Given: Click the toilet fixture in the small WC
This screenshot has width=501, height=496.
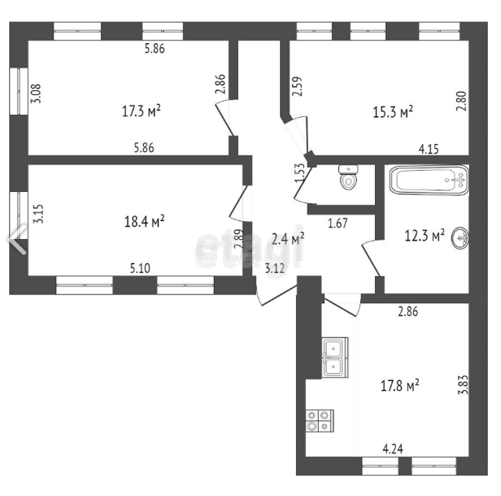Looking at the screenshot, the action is click(x=348, y=177).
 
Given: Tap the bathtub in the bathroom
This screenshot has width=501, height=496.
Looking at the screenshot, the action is click(x=429, y=179).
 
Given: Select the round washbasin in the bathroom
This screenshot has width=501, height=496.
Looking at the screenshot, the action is click(x=460, y=237).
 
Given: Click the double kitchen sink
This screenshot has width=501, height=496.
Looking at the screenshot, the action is click(x=334, y=357).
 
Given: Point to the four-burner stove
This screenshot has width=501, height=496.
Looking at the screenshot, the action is click(x=320, y=421).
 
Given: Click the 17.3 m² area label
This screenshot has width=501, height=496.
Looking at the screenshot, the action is click(x=141, y=111).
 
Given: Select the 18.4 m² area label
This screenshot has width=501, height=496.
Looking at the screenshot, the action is click(x=144, y=221).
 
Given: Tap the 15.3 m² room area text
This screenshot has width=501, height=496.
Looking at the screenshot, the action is click(x=393, y=111).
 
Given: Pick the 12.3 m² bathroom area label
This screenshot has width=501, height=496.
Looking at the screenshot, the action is click(x=424, y=235).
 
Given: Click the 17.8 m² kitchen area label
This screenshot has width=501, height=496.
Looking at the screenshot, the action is click(x=400, y=386).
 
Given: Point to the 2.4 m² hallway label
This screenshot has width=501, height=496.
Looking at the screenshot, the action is click(x=287, y=238).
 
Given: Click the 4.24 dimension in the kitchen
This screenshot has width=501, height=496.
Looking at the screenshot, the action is click(x=393, y=449).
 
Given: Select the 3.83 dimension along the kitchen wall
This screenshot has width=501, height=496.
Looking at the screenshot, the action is click(x=463, y=385).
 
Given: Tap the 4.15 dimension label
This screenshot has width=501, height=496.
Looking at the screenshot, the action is click(x=428, y=149).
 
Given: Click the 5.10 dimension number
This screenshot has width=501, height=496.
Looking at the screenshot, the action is click(x=140, y=268).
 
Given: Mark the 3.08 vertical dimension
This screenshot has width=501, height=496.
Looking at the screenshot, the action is click(x=35, y=93).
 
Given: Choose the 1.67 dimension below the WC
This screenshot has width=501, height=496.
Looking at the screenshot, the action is click(x=337, y=223).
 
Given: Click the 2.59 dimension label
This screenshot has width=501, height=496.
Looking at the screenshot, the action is click(x=297, y=86).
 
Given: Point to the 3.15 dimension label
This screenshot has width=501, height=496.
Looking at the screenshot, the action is click(x=38, y=214).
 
